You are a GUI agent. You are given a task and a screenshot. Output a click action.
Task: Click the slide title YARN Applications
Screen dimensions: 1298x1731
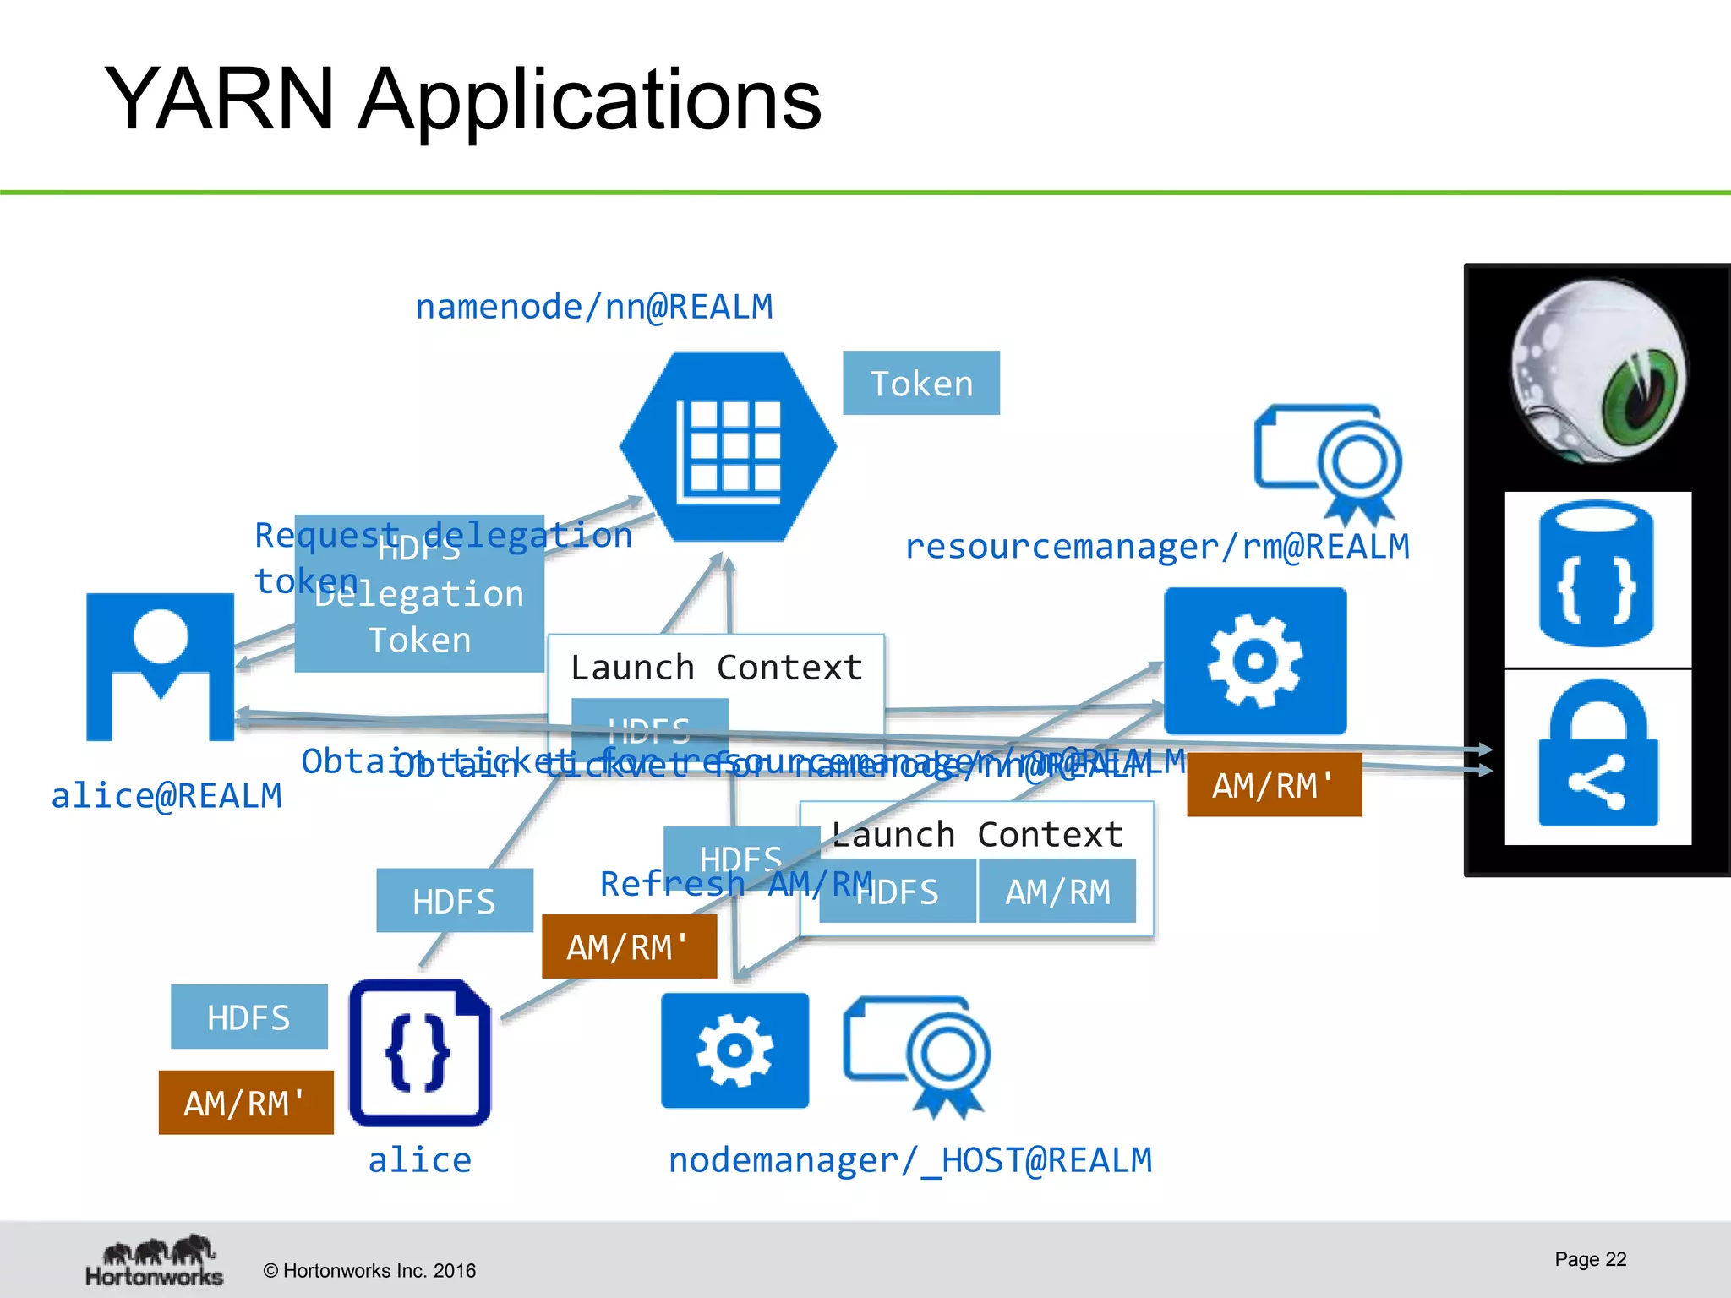pos(462,99)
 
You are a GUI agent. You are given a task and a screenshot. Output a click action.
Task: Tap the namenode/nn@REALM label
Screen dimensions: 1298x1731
pos(593,307)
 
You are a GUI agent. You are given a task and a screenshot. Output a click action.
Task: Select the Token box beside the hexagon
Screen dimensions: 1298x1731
pos(920,384)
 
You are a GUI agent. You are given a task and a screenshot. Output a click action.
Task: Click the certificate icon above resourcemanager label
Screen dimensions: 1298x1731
pos(1328,463)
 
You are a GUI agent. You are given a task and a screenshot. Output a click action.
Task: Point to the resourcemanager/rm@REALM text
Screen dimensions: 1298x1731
pos(1156,547)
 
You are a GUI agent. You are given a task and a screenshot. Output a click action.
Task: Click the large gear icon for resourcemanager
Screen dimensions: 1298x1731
pos(1254,661)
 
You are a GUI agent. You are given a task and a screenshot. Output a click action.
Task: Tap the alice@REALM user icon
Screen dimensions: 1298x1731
pos(160,667)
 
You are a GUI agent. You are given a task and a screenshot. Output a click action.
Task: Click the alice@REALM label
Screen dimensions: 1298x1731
pos(167,796)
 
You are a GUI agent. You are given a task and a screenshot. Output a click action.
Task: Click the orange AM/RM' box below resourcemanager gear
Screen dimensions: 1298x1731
pos(1274,785)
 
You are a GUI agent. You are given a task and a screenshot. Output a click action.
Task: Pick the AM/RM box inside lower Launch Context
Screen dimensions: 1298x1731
pos(1057,892)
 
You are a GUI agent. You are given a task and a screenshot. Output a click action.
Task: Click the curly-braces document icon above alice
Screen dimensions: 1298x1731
pos(420,1053)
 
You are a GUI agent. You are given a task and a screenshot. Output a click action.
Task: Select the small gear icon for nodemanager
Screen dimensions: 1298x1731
pos(734,1050)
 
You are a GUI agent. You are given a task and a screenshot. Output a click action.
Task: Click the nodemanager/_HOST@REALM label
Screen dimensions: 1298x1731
pos(909,1160)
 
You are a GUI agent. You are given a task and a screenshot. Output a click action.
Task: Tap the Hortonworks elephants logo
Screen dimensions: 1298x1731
pos(155,1261)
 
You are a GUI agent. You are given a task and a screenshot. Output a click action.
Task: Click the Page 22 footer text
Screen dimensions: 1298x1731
pos(1590,1259)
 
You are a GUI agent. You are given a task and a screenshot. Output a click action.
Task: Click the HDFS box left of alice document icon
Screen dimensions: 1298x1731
pos(248,1017)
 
